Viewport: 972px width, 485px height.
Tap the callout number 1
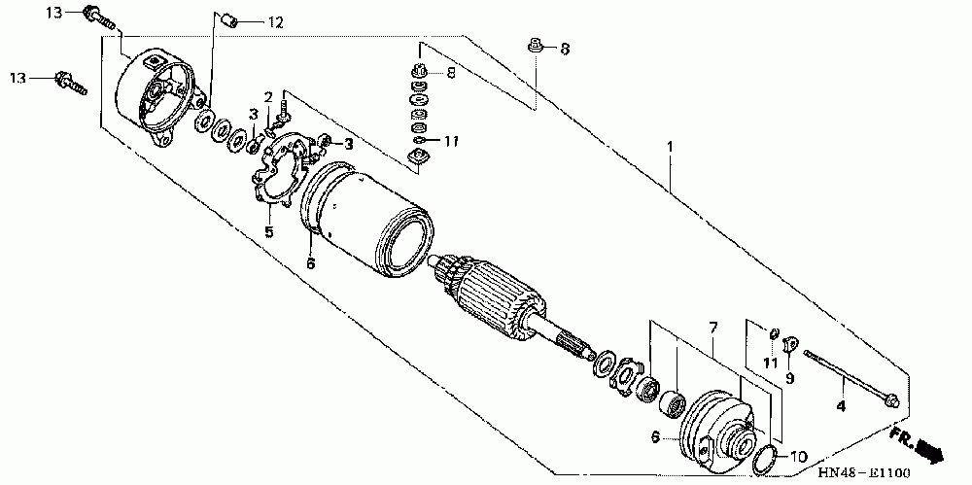[670, 147]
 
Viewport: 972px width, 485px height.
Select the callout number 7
[712, 326]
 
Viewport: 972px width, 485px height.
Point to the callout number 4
[841, 403]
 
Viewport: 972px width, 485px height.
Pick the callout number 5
[269, 231]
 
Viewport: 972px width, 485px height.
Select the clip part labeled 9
[789, 343]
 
